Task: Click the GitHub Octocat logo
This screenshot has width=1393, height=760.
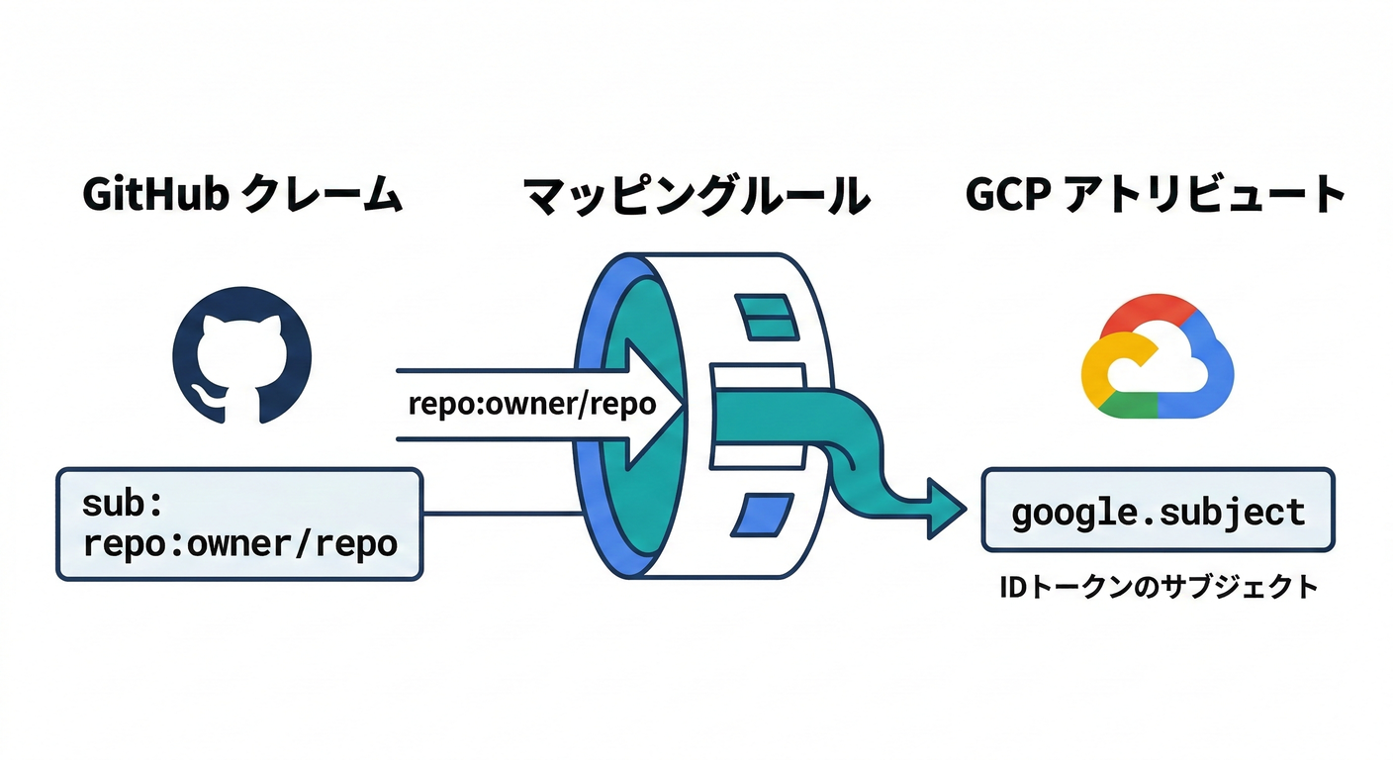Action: tap(241, 354)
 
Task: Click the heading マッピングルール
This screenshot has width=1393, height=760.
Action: tap(696, 196)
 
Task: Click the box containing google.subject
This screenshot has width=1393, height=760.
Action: tap(1158, 512)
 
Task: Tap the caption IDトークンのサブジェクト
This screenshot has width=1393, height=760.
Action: tap(1158, 587)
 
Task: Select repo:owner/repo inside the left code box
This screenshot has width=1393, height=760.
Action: tap(240, 543)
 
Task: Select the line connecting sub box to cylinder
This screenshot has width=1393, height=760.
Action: tap(500, 513)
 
